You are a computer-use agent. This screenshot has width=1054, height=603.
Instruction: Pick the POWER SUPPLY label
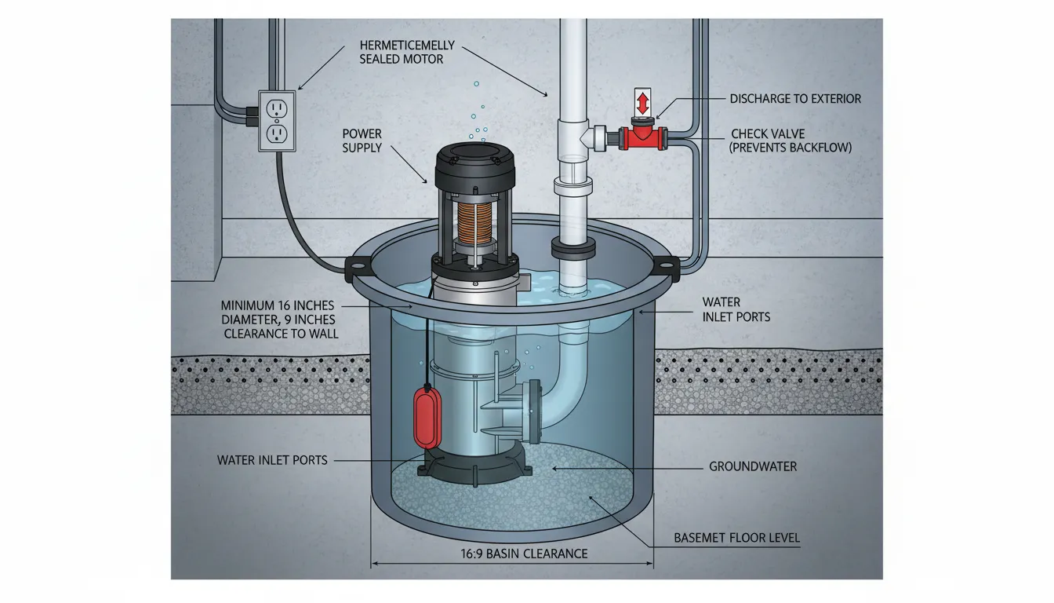[x=362, y=141]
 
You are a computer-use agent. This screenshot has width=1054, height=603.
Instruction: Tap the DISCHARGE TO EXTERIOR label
[x=795, y=99]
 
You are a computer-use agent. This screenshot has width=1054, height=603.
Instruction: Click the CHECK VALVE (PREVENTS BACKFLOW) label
[x=790, y=141]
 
